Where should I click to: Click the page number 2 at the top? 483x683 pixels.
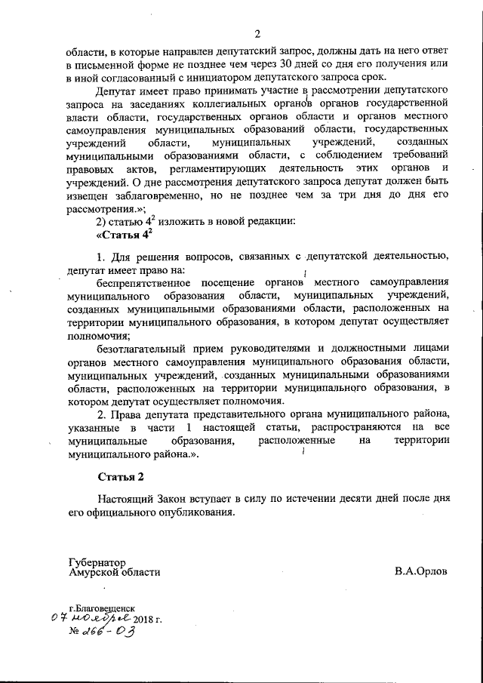click(257, 34)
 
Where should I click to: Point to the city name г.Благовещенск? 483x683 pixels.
click(102, 607)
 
